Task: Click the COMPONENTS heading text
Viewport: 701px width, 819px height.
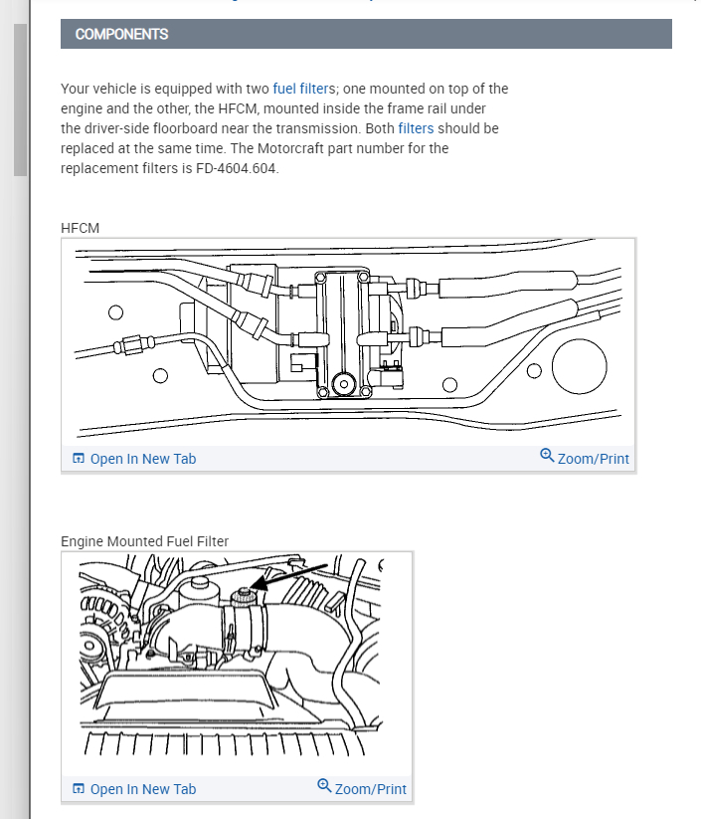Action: coord(121,34)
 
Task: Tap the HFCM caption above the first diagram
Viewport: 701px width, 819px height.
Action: coord(80,228)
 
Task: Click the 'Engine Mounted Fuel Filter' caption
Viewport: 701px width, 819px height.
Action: coord(144,541)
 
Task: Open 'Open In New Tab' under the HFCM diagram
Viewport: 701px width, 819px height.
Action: coord(143,459)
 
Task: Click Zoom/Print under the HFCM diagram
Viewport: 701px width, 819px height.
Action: coord(593,459)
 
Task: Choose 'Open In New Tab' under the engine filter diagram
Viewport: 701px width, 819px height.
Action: coord(143,789)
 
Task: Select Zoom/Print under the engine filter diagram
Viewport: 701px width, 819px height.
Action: coord(370,789)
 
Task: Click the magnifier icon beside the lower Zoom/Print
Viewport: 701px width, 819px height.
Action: coord(324,786)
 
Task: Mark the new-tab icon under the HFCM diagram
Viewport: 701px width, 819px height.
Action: coord(79,459)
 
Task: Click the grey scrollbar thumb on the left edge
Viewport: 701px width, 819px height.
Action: coord(20,100)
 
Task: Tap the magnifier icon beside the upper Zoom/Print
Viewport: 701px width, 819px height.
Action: coord(547,456)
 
